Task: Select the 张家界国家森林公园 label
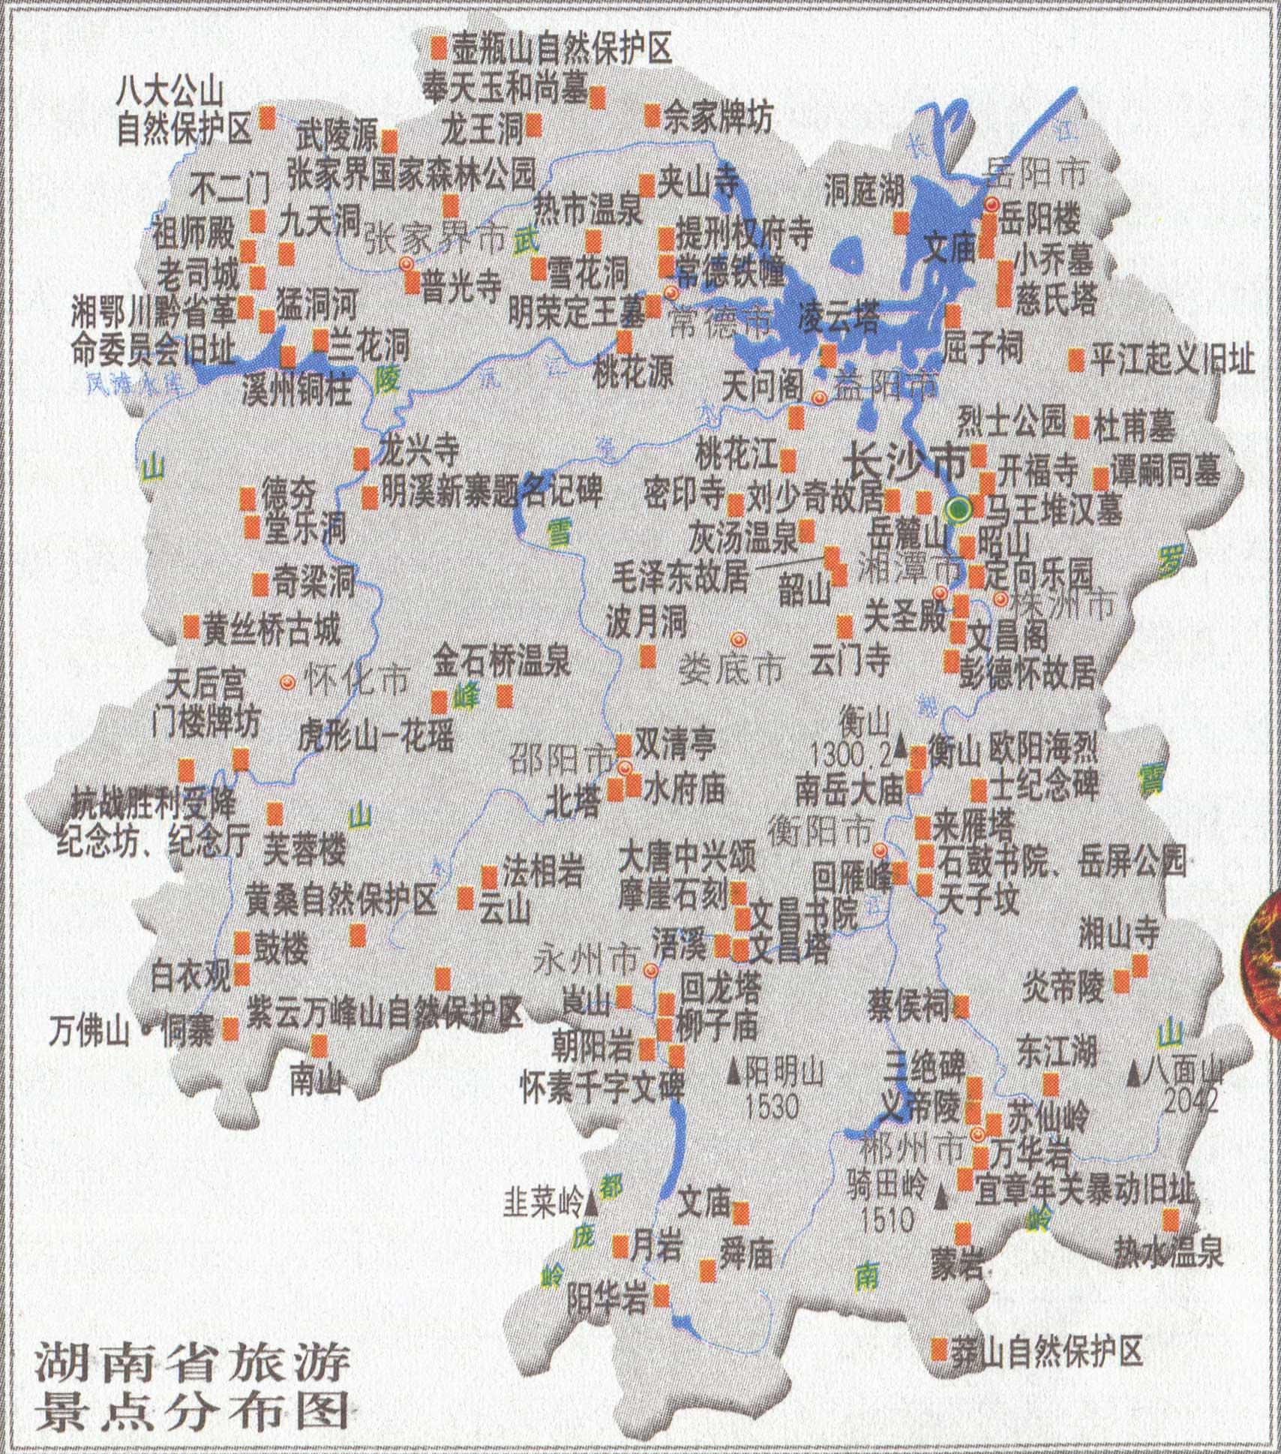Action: click(412, 174)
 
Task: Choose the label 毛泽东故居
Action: click(680, 577)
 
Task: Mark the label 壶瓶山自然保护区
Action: click(561, 49)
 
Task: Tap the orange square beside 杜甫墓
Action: click(1081, 427)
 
